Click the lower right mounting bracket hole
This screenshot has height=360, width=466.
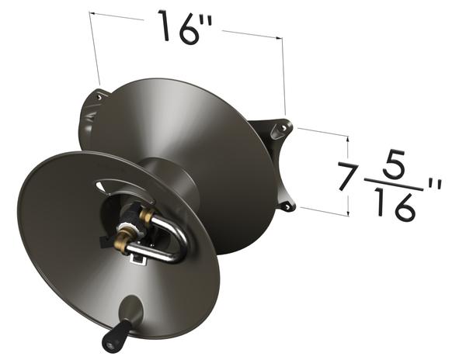point(286,206)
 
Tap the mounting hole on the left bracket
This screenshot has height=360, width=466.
point(99,96)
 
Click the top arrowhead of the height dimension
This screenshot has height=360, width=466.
point(349,137)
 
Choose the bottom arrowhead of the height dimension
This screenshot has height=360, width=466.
point(349,213)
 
